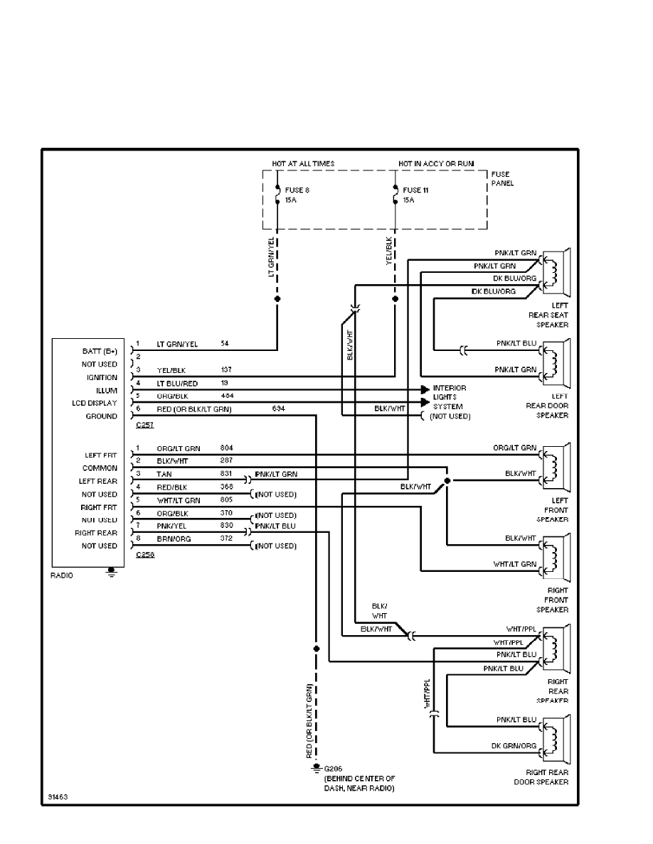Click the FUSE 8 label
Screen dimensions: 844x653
coord(297,190)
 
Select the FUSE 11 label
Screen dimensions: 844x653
coord(416,190)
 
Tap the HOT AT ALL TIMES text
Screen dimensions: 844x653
coord(303,163)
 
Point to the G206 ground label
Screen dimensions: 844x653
coord(333,769)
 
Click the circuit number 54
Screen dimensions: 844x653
coord(225,344)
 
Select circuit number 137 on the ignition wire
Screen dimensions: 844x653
coord(227,370)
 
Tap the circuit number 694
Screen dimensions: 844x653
coord(279,409)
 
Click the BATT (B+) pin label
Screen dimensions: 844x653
coord(100,351)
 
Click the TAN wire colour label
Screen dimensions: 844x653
coord(164,474)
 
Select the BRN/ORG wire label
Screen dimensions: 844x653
coord(171,539)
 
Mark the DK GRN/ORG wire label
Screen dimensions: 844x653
coord(514,746)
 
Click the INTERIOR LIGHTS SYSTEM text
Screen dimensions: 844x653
coord(450,397)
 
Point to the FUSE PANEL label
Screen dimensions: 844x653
coord(502,178)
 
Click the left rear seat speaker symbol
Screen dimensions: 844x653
coord(556,274)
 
